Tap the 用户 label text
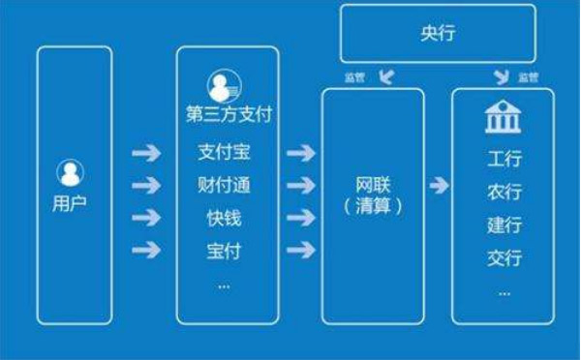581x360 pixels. pyautogui.click(x=70, y=204)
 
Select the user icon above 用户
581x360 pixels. pyautogui.click(x=70, y=174)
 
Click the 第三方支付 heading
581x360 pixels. pyautogui.click(x=229, y=115)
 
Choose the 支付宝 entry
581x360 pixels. pyautogui.click(x=224, y=152)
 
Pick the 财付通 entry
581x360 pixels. pyautogui.click(x=224, y=185)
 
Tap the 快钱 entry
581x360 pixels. pyautogui.click(x=224, y=218)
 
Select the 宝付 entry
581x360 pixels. pyautogui.click(x=224, y=251)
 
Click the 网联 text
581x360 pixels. pyautogui.click(x=372, y=183)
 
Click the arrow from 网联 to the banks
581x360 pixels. pyautogui.click(x=438, y=185)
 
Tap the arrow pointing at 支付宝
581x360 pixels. pyautogui.click(x=145, y=153)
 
